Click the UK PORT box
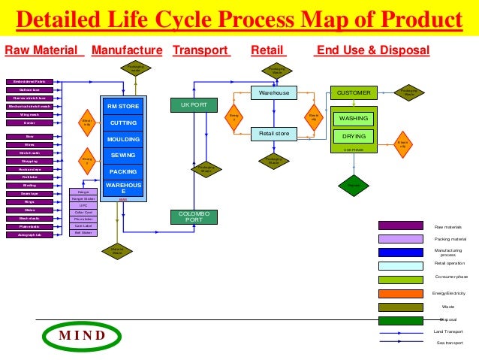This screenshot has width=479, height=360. pos(194,105)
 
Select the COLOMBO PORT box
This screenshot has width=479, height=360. pos(194,216)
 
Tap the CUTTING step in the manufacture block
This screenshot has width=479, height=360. pos(123,123)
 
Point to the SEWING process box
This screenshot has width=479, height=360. pos(123,155)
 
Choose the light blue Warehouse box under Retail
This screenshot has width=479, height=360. pos(273,92)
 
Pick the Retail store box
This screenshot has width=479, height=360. pos(273,135)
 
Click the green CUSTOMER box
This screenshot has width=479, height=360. pos(353,92)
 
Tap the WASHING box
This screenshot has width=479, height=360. pos(353,119)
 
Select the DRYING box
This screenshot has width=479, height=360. pos(353,137)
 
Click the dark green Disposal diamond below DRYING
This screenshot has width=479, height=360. pos(353,185)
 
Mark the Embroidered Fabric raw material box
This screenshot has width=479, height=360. pos(29,81)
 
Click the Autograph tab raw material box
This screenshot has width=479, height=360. pos(29,235)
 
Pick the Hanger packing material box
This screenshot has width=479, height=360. pos(83,192)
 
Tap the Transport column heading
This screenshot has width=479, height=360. pos(200,50)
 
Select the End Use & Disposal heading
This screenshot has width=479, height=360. pos(372,50)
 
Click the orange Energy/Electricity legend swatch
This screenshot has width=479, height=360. pos(400,292)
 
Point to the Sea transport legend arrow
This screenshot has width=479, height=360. pos(400,341)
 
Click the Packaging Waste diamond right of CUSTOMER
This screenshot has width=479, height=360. pos(408,92)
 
